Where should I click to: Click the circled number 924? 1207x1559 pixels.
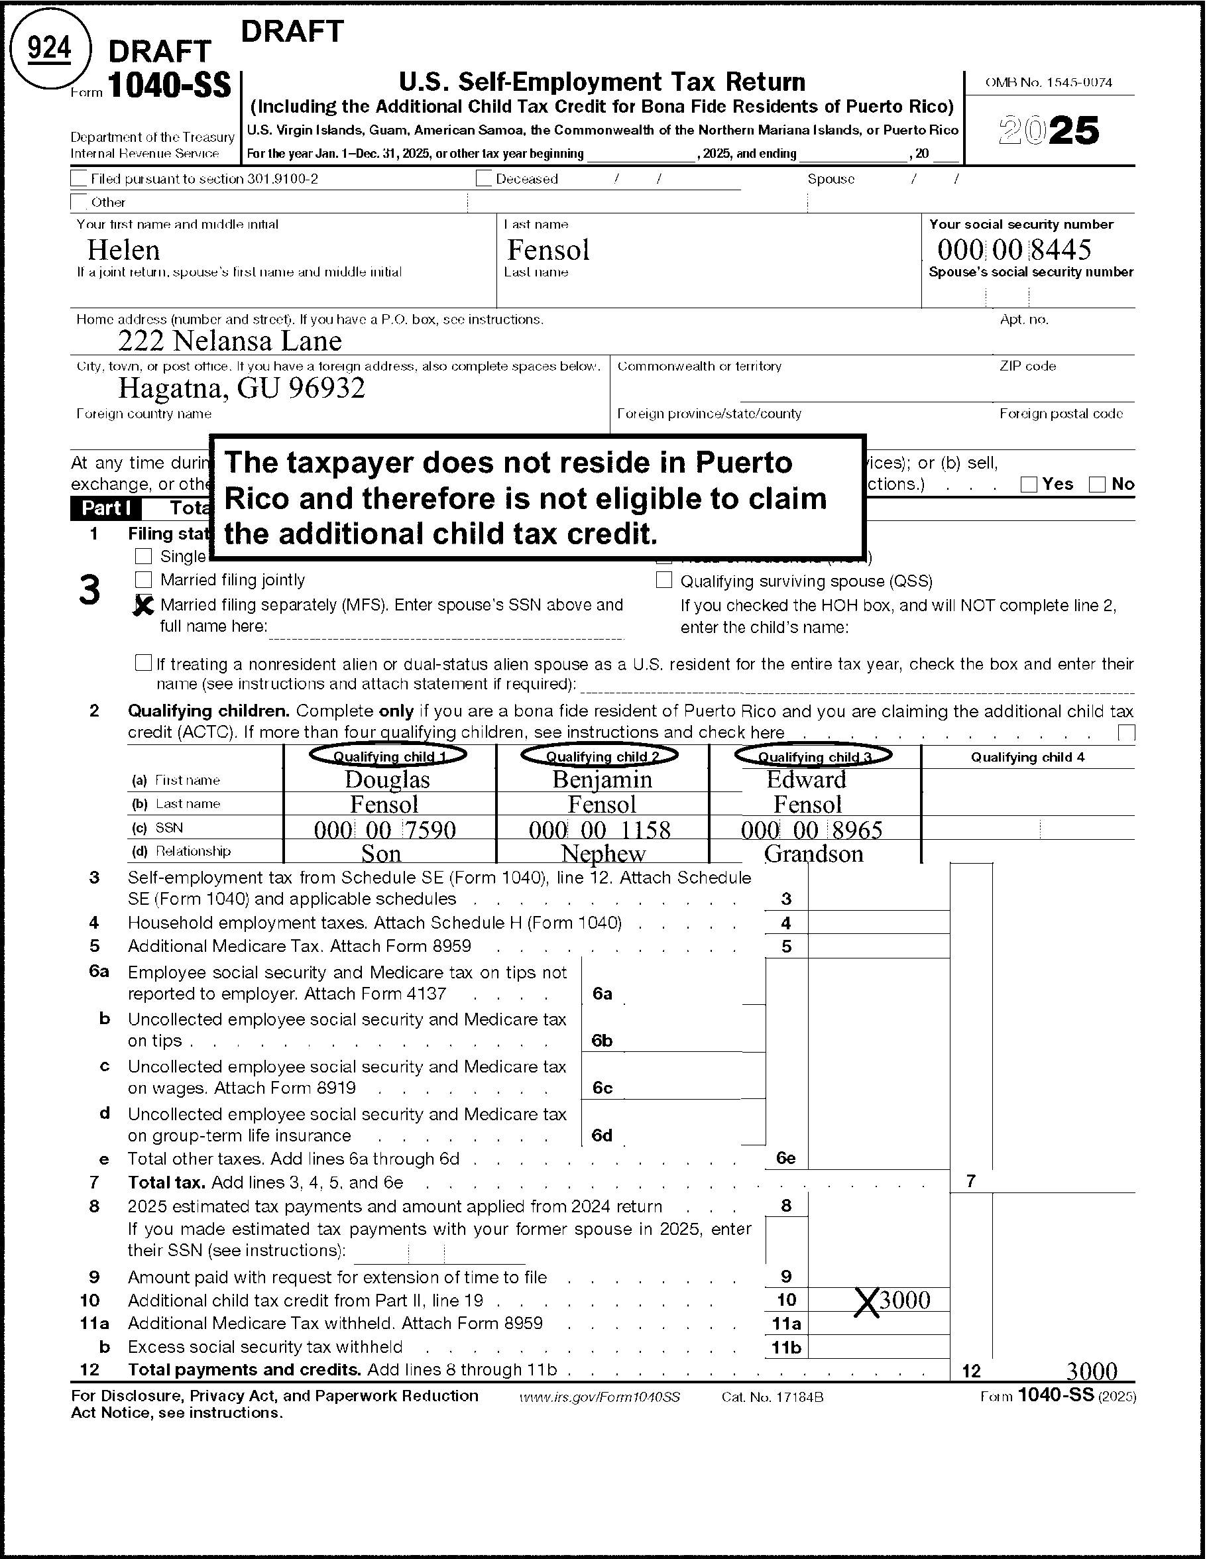pyautogui.click(x=49, y=48)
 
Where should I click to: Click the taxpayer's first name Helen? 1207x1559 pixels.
pyautogui.click(x=123, y=250)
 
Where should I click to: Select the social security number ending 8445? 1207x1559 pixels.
pyautogui.click(x=1013, y=250)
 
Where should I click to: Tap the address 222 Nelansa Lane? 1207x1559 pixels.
pyautogui.click(x=230, y=341)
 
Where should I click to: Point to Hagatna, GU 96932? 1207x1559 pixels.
pyautogui.click(x=241, y=388)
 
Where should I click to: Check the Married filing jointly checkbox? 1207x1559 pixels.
pyautogui.click(x=143, y=579)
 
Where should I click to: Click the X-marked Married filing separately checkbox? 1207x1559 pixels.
pyautogui.click(x=143, y=605)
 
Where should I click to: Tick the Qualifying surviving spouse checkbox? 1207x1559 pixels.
pyautogui.click(x=663, y=579)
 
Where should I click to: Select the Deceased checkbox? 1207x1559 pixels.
pyautogui.click(x=484, y=178)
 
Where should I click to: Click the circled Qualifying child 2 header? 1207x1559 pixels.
pyautogui.click(x=601, y=755)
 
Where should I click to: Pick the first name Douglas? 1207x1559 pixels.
pyautogui.click(x=387, y=779)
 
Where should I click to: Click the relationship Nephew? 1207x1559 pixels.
pyautogui.click(x=603, y=853)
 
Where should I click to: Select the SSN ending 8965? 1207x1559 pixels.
pyautogui.click(x=811, y=829)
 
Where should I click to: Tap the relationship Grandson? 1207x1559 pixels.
pyautogui.click(x=813, y=853)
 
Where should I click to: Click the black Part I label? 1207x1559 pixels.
pyautogui.click(x=105, y=508)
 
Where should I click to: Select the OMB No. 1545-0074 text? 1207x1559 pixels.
pyautogui.click(x=1049, y=83)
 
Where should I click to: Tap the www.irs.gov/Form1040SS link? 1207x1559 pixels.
pyautogui.click(x=599, y=1397)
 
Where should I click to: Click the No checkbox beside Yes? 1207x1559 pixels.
pyautogui.click(x=1097, y=484)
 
